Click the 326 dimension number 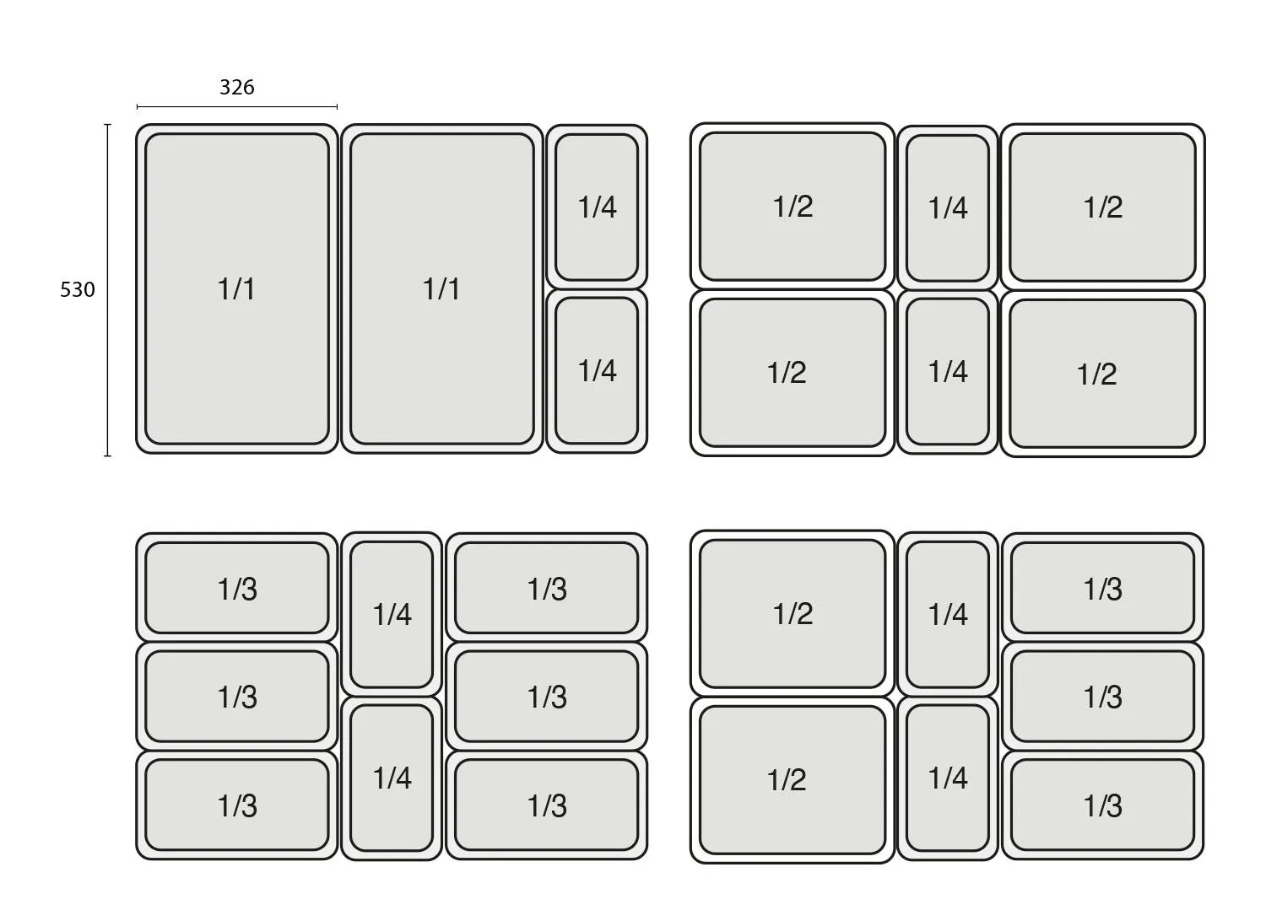[237, 87]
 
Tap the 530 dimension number [78, 289]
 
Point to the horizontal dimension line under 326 [237, 106]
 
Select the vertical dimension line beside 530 [107, 289]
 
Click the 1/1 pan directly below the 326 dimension [237, 288]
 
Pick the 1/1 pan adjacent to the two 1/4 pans [442, 288]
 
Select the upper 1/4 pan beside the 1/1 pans [597, 207]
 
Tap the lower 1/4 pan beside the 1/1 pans [597, 370]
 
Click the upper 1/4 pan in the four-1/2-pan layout [947, 207]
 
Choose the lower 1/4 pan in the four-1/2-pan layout [947, 372]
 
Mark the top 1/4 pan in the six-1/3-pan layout [391, 614]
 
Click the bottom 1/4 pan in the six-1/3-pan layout [391, 778]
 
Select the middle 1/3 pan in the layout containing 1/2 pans [1102, 697]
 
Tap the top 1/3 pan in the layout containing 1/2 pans [1102, 587]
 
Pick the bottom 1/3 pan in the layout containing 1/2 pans [1102, 805]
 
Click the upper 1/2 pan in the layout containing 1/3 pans [793, 613]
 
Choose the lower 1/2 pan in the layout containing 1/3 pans [793, 780]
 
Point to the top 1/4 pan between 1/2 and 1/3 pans [947, 614]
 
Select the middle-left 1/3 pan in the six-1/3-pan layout [237, 697]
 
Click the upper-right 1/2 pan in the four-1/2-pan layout [1102, 207]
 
